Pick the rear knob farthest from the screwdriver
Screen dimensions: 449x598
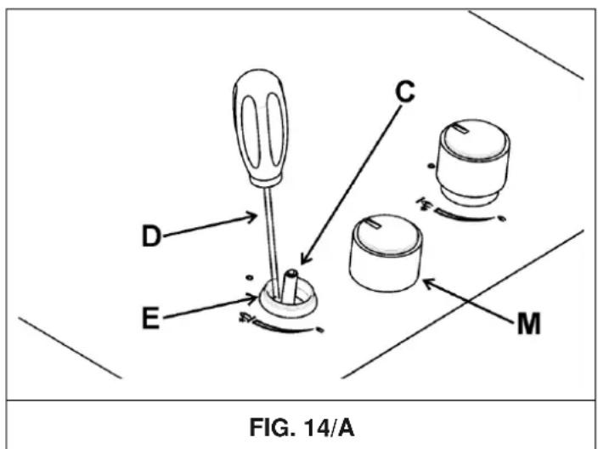coord(472,162)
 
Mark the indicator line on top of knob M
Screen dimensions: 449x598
coord(370,225)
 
